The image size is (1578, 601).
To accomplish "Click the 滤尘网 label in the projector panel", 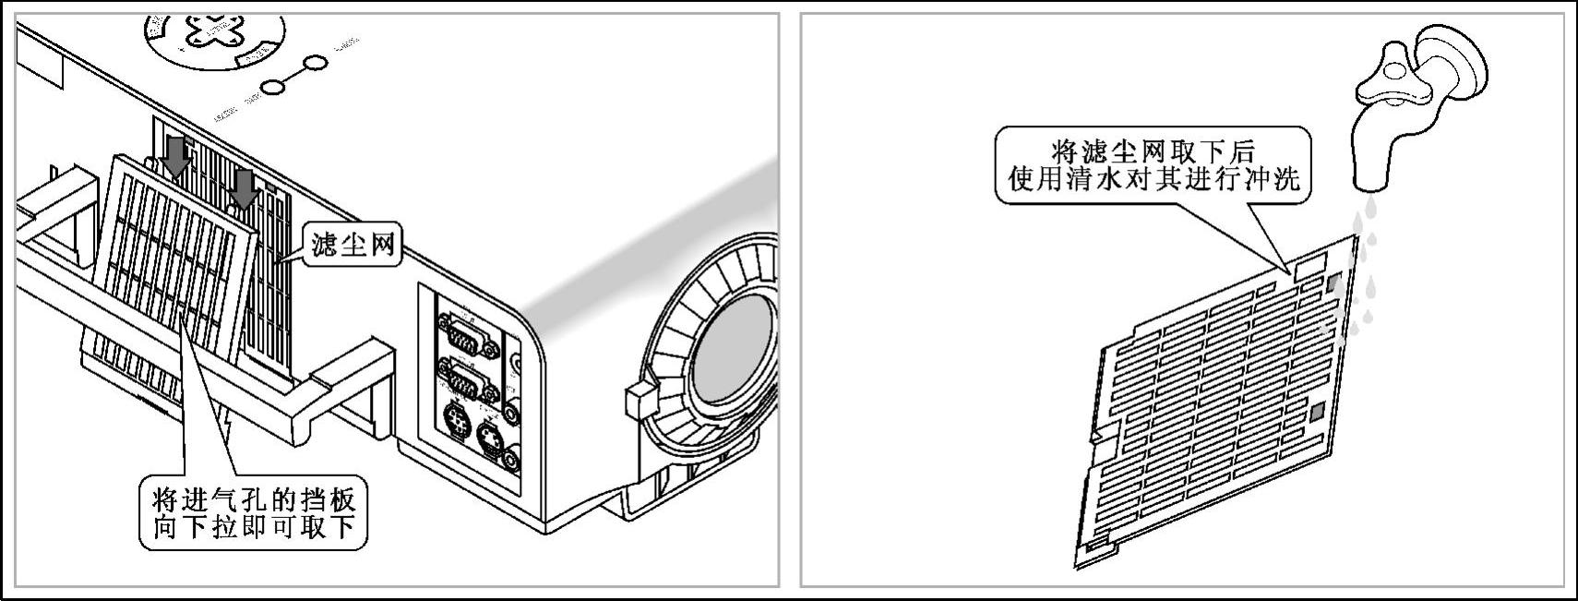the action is point(353,245).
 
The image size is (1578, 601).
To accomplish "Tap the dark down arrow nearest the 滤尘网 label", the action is point(245,188).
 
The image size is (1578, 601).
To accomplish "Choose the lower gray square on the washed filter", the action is point(1318,412).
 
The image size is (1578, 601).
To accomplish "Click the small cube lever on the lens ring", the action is point(638,399).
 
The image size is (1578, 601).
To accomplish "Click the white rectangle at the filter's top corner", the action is point(1309,265).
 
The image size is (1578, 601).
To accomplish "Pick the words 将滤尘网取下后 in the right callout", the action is point(1153,150).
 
